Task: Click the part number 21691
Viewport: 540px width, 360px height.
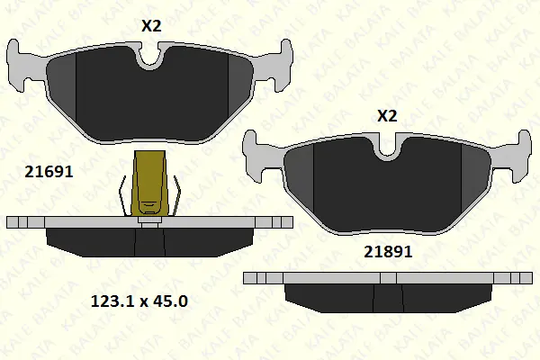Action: tap(49, 172)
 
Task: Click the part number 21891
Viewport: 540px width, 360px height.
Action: tap(388, 252)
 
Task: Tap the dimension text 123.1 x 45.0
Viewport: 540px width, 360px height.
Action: tap(139, 301)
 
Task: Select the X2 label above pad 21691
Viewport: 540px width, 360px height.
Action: tap(151, 26)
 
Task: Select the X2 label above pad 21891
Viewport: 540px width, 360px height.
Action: tap(387, 116)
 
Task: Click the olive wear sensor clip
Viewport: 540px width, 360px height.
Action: tap(150, 184)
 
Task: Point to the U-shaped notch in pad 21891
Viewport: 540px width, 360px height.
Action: tap(388, 148)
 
